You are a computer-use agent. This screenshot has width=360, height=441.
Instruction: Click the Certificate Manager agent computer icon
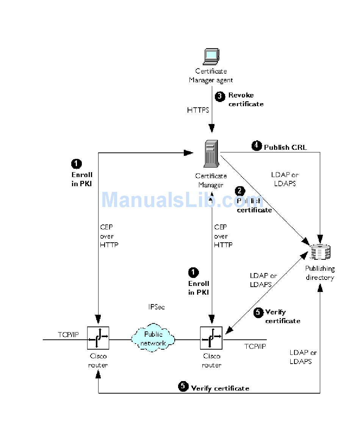[211, 56]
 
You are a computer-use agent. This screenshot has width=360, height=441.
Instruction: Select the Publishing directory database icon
[321, 252]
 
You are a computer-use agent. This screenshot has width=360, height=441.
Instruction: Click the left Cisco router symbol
[98, 338]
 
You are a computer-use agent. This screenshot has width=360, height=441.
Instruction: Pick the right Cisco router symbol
[211, 338]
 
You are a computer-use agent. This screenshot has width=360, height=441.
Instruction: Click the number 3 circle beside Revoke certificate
[220, 96]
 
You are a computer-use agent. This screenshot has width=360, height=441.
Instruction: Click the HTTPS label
[198, 110]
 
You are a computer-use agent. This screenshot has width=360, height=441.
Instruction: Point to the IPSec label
[157, 307]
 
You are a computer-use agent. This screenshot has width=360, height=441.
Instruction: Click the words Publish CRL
[285, 147]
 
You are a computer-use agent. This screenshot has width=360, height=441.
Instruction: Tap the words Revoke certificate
[246, 99]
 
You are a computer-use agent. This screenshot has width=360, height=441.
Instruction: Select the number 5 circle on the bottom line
[183, 387]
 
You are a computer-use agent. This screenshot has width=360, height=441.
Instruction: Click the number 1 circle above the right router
[193, 273]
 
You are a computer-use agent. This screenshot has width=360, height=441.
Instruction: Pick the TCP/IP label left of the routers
[68, 334]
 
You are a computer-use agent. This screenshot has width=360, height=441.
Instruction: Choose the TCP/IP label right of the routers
[255, 346]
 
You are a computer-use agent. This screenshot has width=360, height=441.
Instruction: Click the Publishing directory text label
[320, 273]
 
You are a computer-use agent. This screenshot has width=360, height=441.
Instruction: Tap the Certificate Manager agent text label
[211, 75]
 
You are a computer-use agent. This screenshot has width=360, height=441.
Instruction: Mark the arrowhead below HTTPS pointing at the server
[211, 126]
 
